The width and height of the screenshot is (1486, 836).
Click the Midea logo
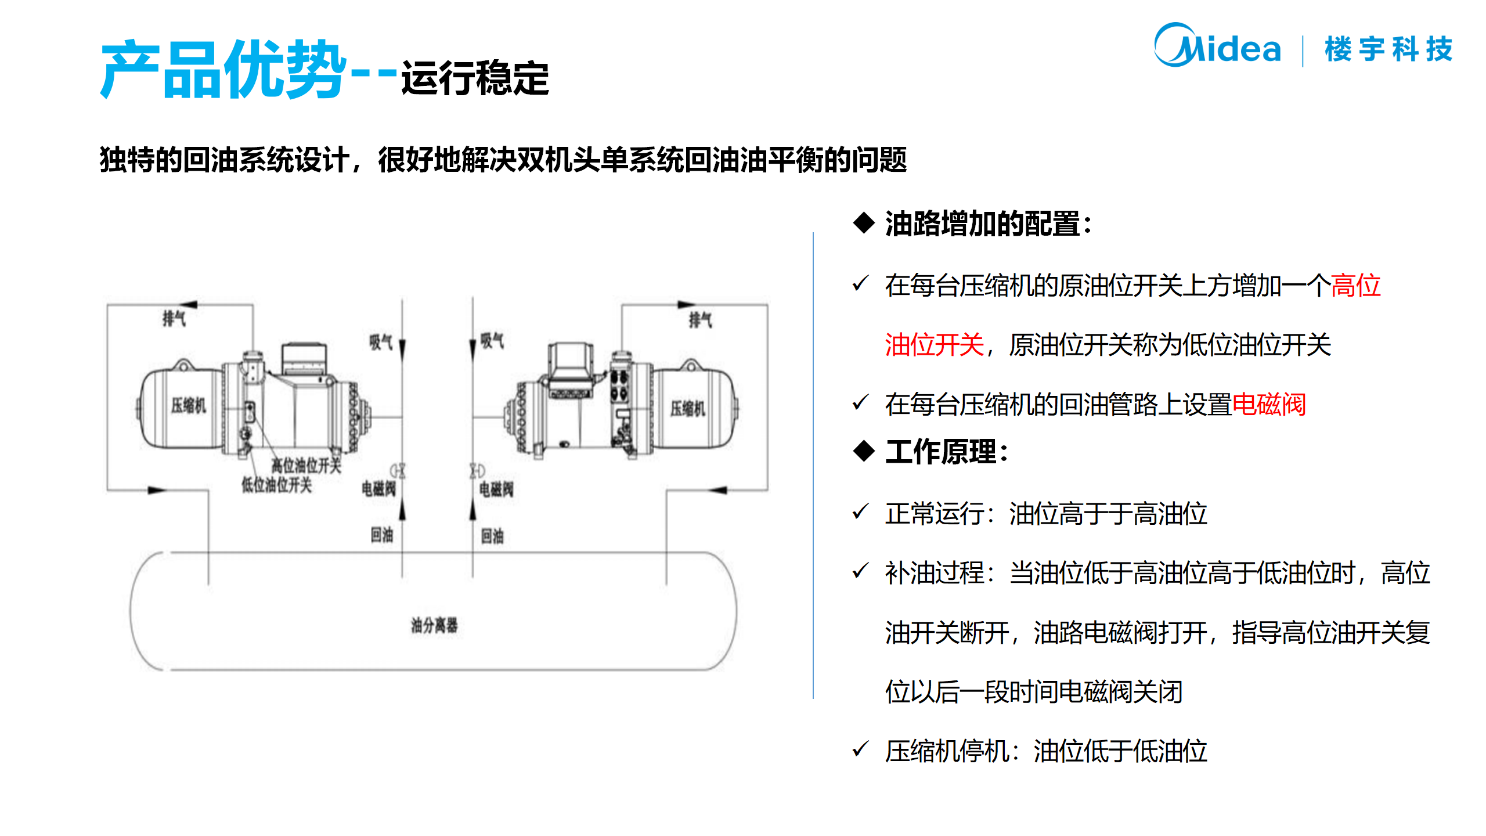(1217, 46)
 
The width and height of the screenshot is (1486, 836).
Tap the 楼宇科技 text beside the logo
(1388, 49)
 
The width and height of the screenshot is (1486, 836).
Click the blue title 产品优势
(223, 70)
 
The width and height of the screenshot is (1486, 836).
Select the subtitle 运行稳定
(475, 78)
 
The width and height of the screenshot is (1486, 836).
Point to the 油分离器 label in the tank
(434, 625)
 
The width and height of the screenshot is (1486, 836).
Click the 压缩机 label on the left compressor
(189, 405)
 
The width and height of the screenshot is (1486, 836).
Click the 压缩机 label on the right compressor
(688, 409)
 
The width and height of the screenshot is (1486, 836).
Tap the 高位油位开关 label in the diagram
(306, 466)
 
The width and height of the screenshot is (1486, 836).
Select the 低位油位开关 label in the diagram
(277, 485)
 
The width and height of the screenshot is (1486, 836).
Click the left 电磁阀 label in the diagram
(378, 489)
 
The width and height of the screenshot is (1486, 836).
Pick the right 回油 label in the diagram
(492, 536)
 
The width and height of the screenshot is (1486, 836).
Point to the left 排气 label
(174, 319)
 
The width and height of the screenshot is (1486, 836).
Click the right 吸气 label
(492, 341)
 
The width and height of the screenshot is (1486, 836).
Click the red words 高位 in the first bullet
(1355, 286)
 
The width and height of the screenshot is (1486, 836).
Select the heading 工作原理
(946, 452)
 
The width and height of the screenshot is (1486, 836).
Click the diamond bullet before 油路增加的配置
(864, 223)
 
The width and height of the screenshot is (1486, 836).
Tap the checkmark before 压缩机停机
(860, 749)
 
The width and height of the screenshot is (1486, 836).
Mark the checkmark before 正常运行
(860, 511)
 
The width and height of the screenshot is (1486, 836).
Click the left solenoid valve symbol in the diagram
(398, 470)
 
